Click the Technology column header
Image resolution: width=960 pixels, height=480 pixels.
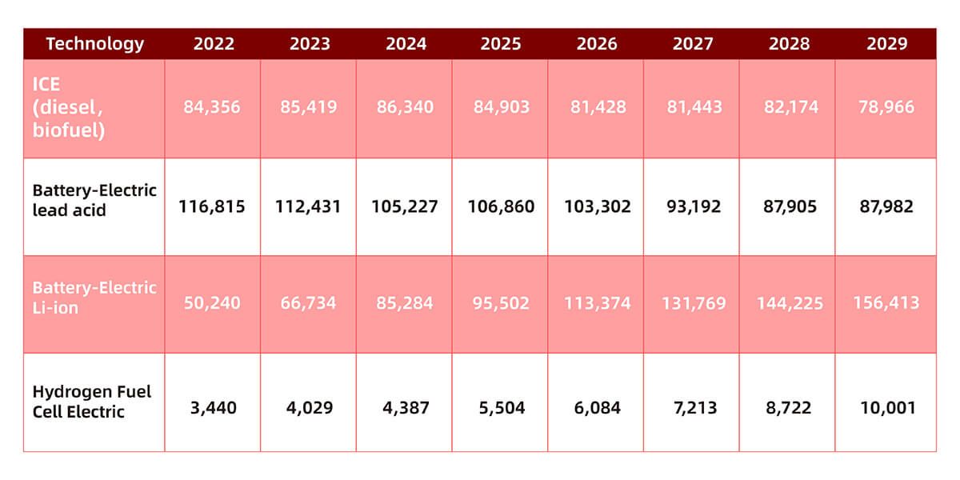[94, 44]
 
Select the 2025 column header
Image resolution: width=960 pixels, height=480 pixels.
[501, 44]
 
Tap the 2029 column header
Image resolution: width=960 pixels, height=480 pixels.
[886, 44]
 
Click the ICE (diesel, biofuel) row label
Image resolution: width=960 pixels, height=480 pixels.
[69, 107]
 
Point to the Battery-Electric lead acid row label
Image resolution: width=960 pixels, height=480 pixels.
[94, 200]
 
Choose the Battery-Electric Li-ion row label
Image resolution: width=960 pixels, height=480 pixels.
[94, 298]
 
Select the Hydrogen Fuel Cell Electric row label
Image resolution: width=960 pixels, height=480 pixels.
[92, 402]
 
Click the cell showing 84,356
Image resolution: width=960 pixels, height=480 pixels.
[212, 107]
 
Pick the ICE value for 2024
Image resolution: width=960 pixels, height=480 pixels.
[405, 107]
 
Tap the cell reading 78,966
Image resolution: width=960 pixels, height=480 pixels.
[886, 107]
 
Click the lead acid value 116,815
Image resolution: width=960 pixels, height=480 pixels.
[212, 206]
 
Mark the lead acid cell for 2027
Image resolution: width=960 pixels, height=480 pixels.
[694, 206]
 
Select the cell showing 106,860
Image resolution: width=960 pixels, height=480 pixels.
[501, 206]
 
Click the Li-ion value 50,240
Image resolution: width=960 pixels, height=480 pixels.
[212, 303]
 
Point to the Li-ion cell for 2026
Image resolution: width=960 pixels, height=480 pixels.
[598, 303]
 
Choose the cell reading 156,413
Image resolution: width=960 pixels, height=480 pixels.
[886, 303]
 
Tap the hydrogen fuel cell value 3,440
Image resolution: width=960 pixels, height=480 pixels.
[213, 407]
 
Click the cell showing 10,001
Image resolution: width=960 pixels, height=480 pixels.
[887, 407]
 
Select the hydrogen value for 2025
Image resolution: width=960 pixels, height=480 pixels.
[502, 407]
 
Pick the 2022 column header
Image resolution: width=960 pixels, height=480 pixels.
[214, 44]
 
